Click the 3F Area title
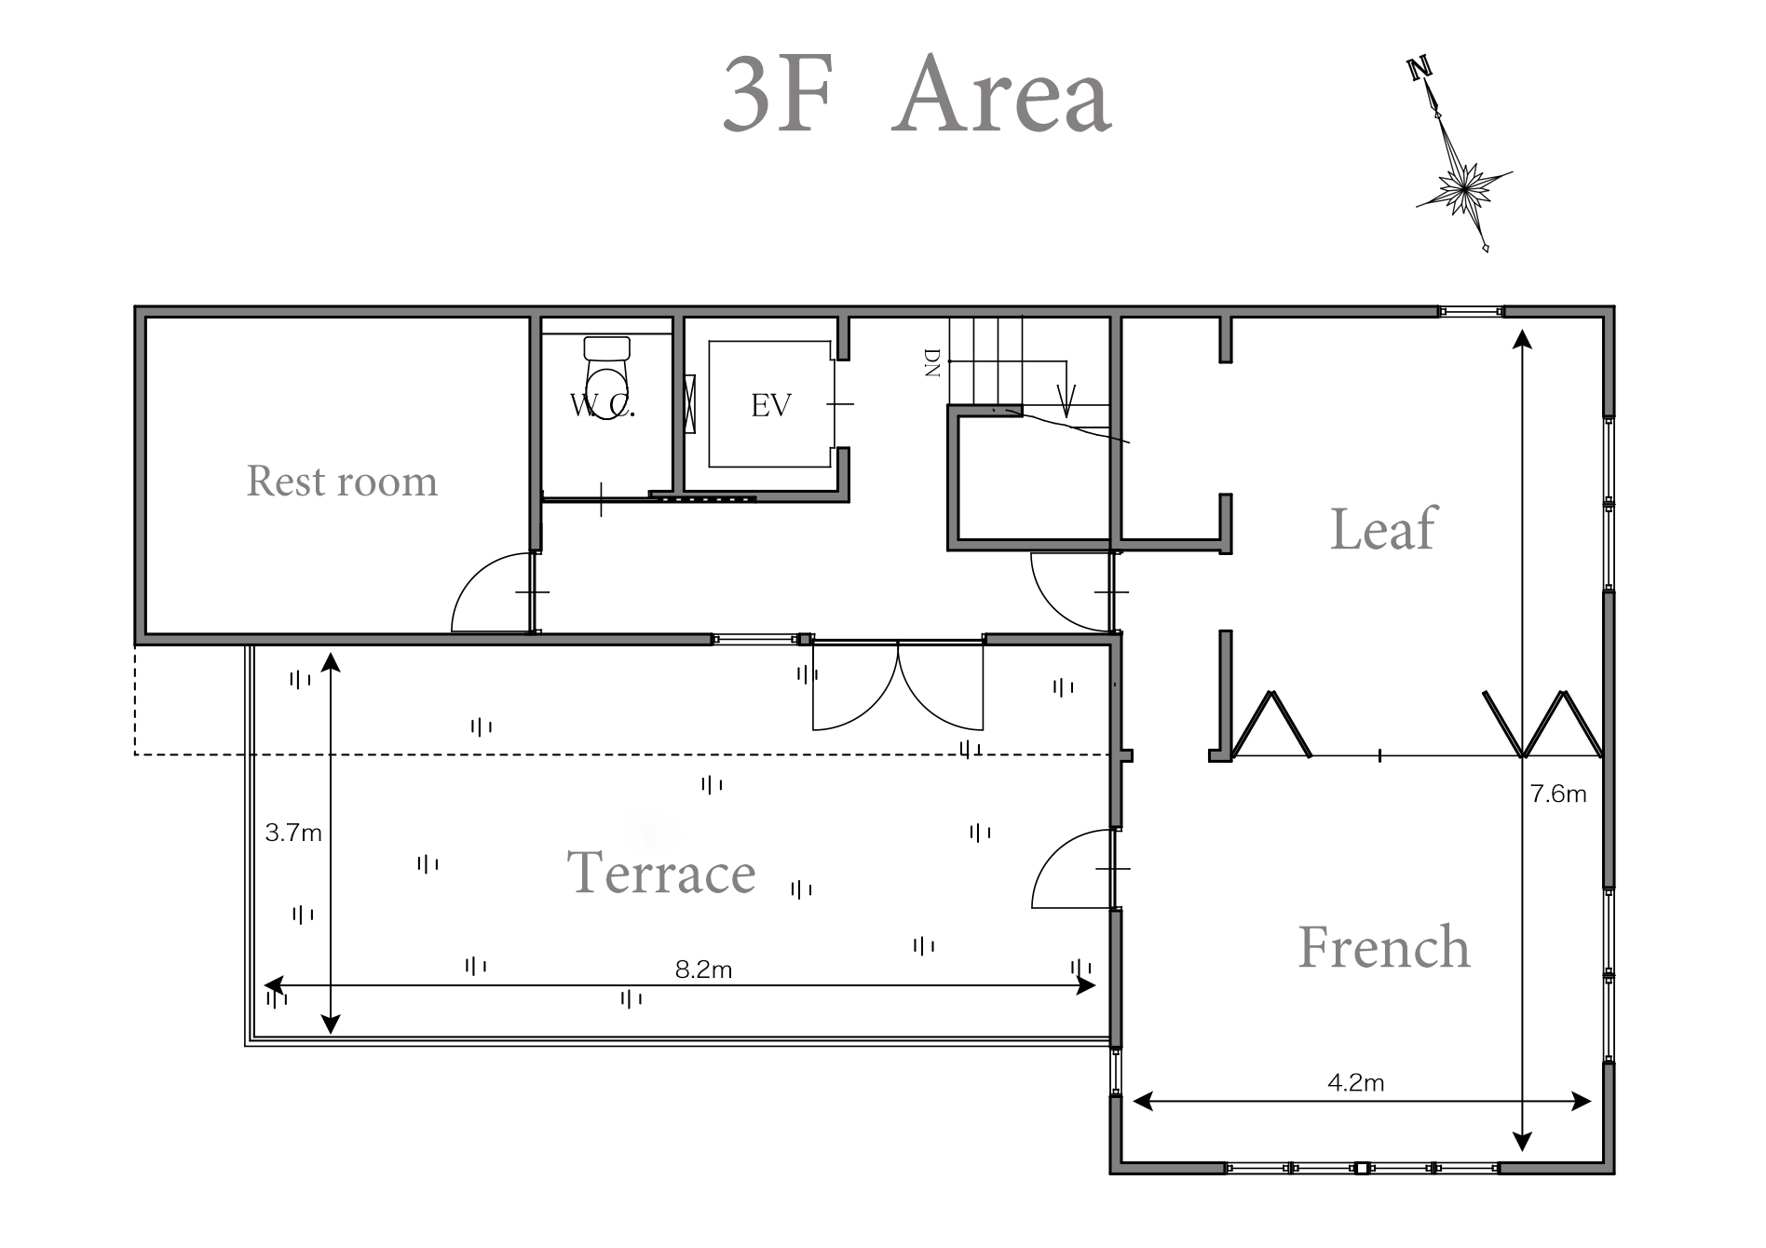click(917, 95)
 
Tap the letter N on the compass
click(1420, 69)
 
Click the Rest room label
click(342, 482)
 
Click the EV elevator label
click(771, 405)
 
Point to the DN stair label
click(931, 362)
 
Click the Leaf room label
click(1383, 528)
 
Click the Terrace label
click(661, 873)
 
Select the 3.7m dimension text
click(293, 833)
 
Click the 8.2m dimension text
click(703, 970)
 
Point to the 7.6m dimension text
click(1558, 794)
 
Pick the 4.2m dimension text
click(1355, 1082)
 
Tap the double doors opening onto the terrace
click(898, 686)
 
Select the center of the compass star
click(1463, 189)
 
